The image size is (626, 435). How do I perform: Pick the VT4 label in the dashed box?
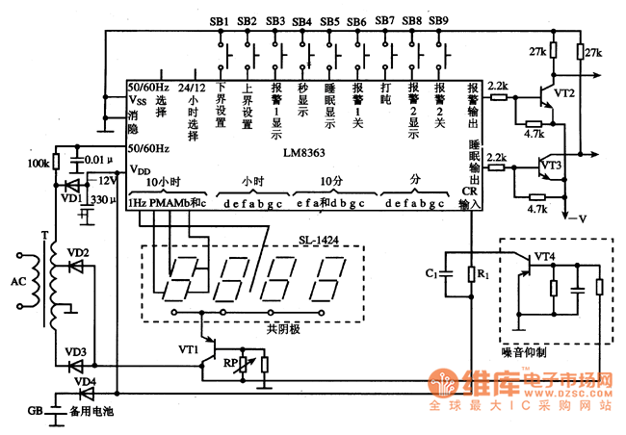[544, 256]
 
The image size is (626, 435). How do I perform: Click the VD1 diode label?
[69, 197]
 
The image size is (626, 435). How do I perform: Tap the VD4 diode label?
[87, 382]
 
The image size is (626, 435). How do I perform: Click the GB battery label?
[35, 412]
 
